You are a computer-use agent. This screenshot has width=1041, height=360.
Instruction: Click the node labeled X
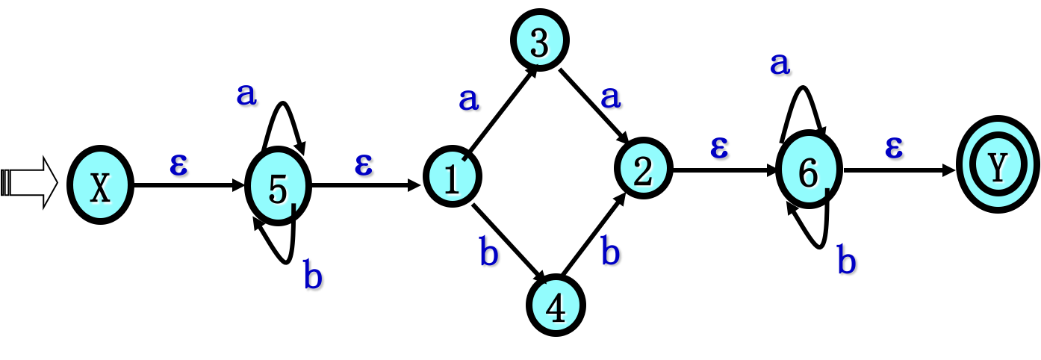[100, 185]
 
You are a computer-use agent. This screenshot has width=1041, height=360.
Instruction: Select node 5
[278, 187]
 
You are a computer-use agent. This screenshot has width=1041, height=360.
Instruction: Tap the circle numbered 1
[453, 177]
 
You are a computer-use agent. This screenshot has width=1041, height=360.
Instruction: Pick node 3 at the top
[539, 40]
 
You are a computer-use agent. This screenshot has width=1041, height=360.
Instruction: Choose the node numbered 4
[556, 305]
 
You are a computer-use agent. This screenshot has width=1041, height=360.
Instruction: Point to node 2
[643, 168]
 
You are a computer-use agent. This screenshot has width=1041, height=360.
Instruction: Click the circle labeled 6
[809, 170]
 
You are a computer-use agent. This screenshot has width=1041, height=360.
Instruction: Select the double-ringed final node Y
[998, 165]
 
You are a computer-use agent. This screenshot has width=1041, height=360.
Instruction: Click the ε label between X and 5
[179, 165]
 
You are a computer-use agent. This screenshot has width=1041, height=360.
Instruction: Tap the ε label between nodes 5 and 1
[364, 165]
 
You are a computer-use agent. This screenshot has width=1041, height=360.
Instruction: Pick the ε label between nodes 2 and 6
[720, 147]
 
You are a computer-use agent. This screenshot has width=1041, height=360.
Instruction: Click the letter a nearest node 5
[247, 95]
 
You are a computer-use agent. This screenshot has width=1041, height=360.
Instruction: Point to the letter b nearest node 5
[314, 276]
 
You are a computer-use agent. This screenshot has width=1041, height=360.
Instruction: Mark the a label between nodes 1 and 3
[470, 99]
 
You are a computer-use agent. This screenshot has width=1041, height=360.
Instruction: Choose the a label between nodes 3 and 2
[612, 97]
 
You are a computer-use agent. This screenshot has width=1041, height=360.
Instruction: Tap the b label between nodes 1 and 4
[489, 252]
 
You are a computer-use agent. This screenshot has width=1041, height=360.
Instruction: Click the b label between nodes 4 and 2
[611, 251]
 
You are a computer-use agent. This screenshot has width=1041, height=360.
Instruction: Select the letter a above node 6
[781, 65]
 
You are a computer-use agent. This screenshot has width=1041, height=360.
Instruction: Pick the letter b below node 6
[847, 261]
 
